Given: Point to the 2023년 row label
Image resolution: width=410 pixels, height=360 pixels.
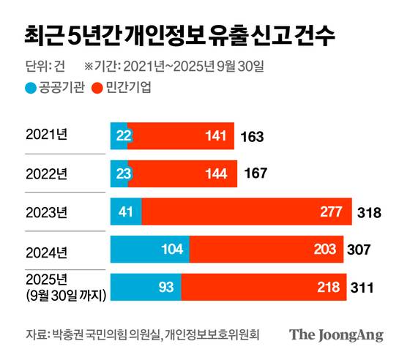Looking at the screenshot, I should pyautogui.click(x=46, y=212).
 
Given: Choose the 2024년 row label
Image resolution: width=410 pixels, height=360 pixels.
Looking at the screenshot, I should pyautogui.click(x=46, y=251).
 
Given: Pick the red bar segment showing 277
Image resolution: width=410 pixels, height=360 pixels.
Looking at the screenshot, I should pyautogui.click(x=247, y=212).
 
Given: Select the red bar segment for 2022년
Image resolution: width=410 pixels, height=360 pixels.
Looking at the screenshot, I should pyautogui.click(x=182, y=174).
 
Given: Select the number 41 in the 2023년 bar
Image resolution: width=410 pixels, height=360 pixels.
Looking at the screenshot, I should pyautogui.click(x=125, y=212).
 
